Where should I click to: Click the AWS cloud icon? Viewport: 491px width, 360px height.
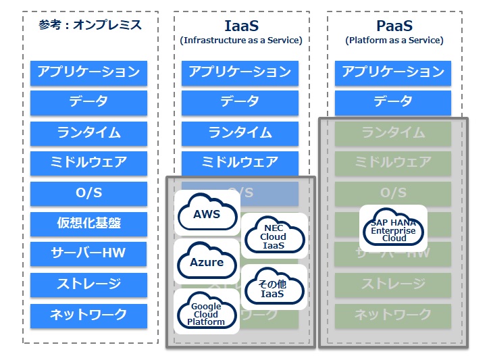207,214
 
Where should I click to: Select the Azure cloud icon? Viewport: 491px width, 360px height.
207,262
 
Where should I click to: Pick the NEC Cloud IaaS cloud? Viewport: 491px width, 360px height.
274,236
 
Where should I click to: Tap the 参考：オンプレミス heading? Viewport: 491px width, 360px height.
89,25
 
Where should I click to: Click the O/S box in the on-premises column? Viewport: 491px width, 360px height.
88,193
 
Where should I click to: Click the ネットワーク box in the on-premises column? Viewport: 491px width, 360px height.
88,315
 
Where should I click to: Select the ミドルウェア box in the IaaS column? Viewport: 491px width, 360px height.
240,163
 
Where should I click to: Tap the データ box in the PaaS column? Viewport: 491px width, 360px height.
393,102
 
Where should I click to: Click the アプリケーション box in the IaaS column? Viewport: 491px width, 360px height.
240,72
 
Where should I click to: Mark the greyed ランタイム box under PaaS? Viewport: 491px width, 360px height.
393,132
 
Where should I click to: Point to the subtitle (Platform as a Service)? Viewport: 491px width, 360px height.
394,41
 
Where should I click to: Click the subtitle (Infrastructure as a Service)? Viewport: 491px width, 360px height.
241,41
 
